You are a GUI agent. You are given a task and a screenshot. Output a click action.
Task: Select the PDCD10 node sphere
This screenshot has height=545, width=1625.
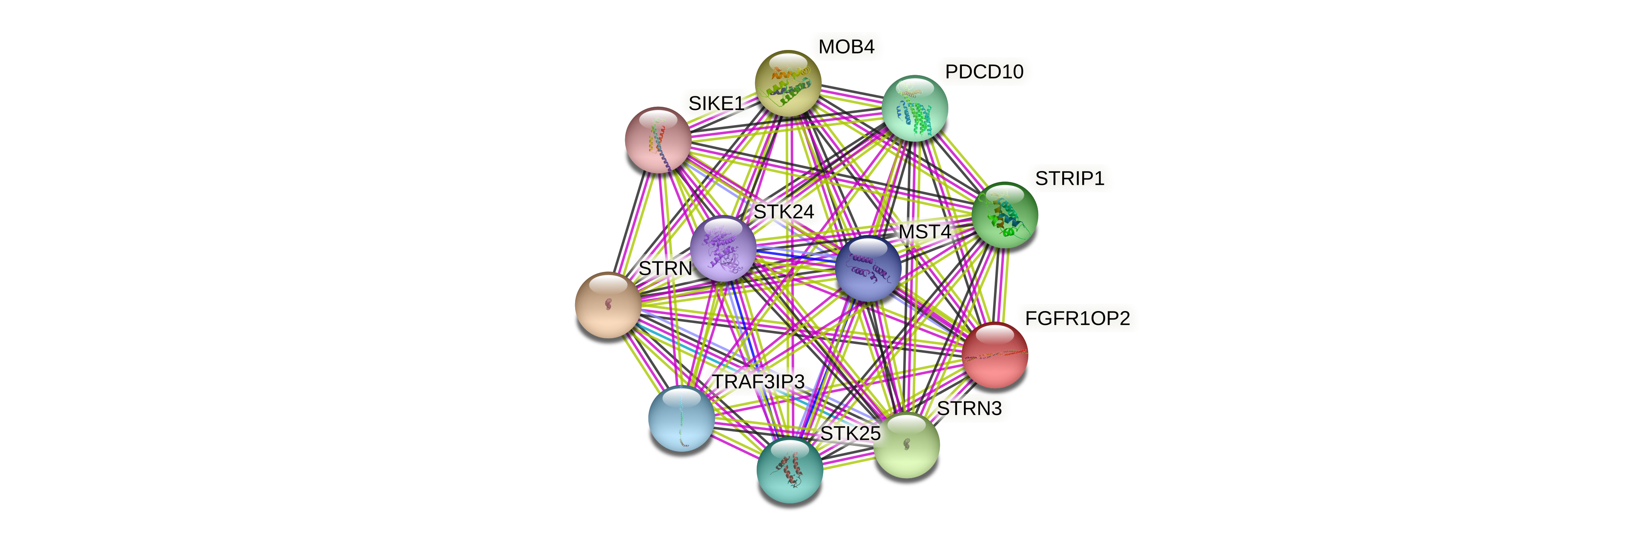(x=914, y=108)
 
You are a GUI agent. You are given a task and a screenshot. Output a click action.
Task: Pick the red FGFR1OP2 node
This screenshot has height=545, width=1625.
(x=995, y=355)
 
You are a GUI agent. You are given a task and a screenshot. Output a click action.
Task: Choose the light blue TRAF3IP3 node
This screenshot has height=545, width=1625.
(x=681, y=419)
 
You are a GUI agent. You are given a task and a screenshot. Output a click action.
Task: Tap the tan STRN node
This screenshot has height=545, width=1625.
(x=608, y=305)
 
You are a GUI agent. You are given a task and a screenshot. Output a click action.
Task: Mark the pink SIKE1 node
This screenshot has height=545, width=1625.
(x=657, y=140)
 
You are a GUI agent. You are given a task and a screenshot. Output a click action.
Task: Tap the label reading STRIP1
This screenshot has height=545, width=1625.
(x=1069, y=178)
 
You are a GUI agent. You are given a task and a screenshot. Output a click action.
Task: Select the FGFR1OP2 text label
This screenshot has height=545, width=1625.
(x=1077, y=319)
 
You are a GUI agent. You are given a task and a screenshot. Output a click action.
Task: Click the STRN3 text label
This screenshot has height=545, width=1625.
(x=969, y=409)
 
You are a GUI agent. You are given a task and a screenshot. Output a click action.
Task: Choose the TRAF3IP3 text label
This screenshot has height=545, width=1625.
(x=758, y=381)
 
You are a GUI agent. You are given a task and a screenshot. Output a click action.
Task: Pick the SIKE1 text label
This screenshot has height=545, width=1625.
(x=716, y=104)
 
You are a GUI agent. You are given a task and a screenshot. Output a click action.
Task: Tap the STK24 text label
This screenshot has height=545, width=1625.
(x=784, y=212)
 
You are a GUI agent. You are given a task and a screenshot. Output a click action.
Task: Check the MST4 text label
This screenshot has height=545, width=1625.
(x=924, y=232)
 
